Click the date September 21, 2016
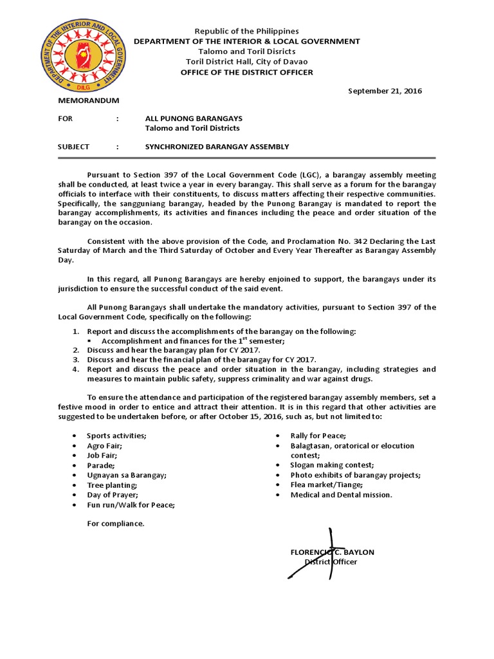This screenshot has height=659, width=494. click(385, 91)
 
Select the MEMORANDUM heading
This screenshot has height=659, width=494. click(89, 101)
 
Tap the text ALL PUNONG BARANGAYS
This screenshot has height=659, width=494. click(194, 118)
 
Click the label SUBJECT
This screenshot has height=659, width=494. click(74, 147)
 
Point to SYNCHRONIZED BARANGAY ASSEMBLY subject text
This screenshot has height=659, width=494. click(217, 147)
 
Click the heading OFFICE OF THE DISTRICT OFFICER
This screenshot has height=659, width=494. click(247, 72)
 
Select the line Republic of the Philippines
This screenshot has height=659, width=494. click(247, 31)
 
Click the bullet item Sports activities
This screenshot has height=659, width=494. click(116, 436)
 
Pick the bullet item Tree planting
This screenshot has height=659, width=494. click(113, 485)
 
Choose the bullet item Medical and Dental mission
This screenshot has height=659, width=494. click(341, 495)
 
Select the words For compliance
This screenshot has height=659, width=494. click(116, 523)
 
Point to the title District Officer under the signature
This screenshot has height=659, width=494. click(331, 562)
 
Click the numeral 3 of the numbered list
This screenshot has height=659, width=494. click(75, 359)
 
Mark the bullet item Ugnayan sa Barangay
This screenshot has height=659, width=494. click(126, 475)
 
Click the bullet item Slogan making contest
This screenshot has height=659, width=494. click(332, 465)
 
